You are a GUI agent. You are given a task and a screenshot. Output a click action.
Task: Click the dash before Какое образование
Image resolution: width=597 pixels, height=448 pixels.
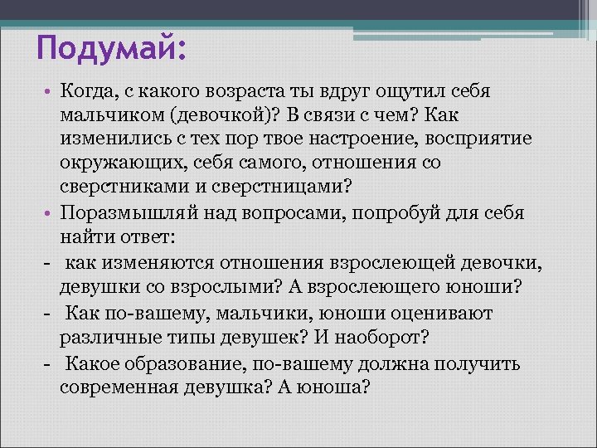pyautogui.click(x=50, y=363)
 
